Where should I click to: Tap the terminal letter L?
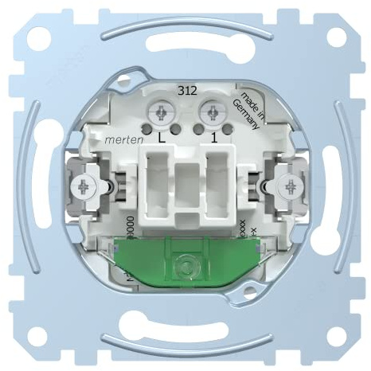coord(163,138)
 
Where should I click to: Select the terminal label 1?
coord(213,138)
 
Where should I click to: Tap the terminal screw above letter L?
coord(162,109)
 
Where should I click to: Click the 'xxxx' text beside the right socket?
coord(241,229)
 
